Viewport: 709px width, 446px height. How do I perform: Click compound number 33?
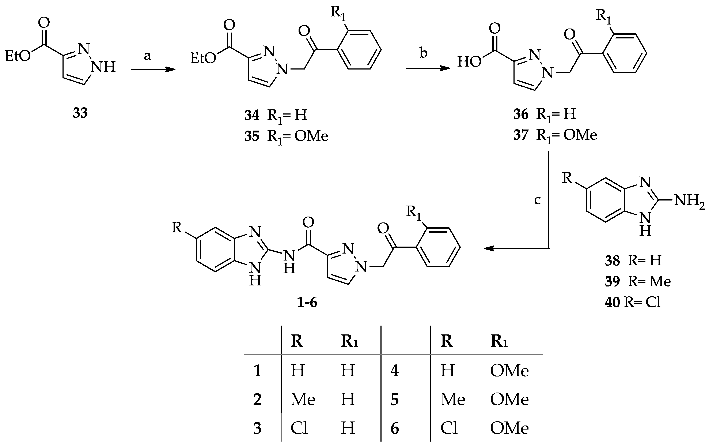click(80, 113)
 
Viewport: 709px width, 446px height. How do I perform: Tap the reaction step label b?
click(423, 53)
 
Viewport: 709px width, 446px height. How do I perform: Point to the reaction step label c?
click(537, 200)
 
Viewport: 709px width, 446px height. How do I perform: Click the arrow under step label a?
click(153, 70)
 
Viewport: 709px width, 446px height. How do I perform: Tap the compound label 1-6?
click(307, 303)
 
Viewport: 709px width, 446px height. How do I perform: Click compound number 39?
click(613, 282)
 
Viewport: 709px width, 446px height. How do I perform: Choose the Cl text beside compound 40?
click(653, 303)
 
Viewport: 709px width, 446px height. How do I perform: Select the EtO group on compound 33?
click(18, 56)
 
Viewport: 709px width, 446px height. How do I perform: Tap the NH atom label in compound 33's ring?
click(103, 67)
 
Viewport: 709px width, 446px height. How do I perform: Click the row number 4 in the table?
click(395, 371)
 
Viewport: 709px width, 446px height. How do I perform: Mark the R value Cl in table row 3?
click(299, 428)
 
